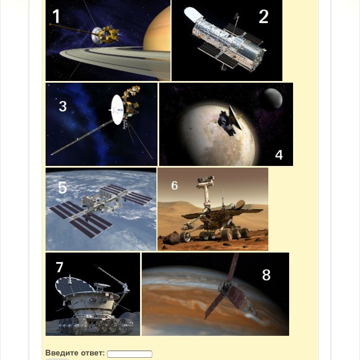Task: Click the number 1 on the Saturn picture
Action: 56,16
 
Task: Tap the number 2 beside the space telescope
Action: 264,16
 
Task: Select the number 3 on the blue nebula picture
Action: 62,106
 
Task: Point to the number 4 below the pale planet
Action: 279,155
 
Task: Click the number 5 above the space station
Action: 62,187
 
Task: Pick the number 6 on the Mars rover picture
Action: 174,185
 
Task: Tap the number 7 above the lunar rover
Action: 60,267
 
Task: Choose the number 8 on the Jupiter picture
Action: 266,274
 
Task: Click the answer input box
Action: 129,354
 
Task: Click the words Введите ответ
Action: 75,353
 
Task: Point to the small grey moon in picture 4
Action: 273,98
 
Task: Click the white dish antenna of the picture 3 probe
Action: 118,110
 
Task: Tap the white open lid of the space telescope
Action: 193,14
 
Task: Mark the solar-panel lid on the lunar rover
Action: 73,286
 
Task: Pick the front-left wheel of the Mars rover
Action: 185,236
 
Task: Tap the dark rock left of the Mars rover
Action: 171,237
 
